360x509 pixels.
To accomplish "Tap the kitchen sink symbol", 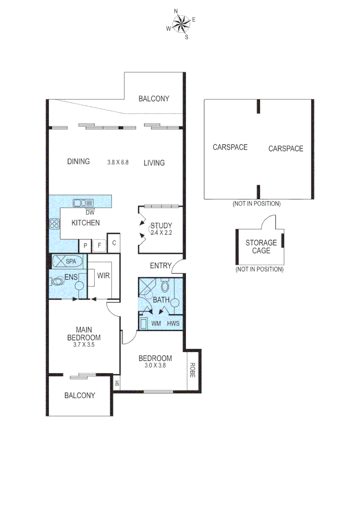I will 83,203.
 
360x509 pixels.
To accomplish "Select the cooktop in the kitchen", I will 54,224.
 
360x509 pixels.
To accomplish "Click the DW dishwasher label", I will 90,212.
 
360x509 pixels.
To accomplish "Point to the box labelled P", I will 85,246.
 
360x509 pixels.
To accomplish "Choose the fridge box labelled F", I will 99,246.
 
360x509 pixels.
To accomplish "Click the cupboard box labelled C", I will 114,243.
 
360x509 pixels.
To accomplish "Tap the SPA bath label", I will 71,261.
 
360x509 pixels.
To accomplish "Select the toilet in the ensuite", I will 57,281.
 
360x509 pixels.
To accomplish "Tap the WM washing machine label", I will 156,324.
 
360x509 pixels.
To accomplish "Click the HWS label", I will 173,324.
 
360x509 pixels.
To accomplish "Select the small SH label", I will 117,383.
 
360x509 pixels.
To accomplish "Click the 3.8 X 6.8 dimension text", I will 118,163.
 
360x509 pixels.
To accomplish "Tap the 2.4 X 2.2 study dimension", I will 161,232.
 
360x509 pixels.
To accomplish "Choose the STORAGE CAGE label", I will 261,246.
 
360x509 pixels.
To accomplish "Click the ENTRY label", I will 161,266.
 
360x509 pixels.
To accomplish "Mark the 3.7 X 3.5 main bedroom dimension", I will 84,345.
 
